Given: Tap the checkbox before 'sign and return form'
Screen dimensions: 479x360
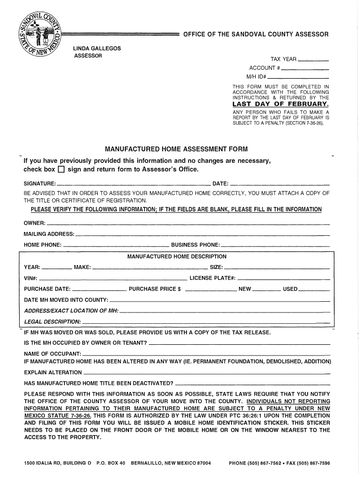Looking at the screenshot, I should coord(60,169).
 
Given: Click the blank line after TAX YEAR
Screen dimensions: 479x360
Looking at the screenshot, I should coord(313,61).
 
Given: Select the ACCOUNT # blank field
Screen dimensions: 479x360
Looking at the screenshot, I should coord(304,69).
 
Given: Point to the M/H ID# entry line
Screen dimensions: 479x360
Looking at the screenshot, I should coord(298,78).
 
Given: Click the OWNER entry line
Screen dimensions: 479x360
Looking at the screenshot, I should coord(187,223).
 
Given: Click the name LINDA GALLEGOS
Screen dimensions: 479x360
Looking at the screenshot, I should coord(97,49).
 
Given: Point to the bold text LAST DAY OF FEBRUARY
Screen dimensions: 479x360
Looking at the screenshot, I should coord(281,104).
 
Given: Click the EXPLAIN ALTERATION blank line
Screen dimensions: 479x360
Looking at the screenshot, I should coord(206,374).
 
